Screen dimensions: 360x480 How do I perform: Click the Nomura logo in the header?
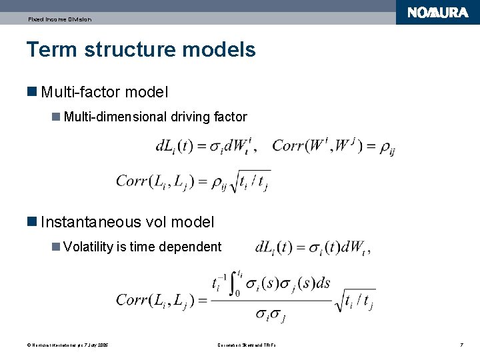[x=437, y=13]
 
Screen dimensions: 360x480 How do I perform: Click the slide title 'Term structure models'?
[x=141, y=49]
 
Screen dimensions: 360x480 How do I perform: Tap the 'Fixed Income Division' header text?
[x=59, y=19]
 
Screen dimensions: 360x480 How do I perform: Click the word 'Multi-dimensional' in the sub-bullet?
[x=115, y=117]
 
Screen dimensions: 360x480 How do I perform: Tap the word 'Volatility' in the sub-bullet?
[x=88, y=247]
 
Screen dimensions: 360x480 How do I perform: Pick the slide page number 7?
[x=461, y=345]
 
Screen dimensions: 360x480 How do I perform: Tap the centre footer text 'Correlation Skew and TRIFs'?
[x=246, y=345]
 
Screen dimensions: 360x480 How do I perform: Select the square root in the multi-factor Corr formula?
[x=251, y=181]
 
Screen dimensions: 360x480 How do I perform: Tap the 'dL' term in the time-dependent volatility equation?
[x=265, y=247]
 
